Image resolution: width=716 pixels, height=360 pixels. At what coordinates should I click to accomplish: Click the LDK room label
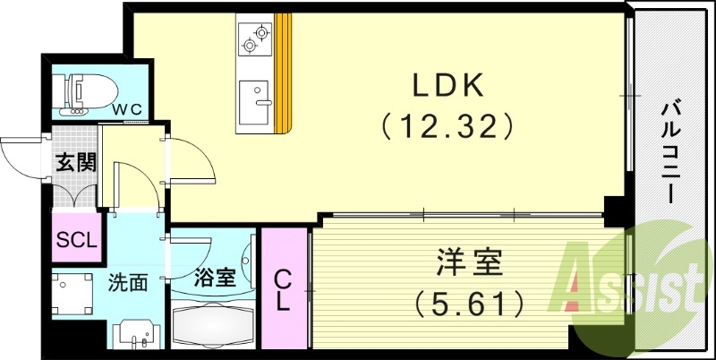pos(447,85)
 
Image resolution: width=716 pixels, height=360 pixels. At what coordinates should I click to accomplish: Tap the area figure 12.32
pos(447,125)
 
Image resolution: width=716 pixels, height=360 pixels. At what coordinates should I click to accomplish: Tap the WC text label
pos(126,108)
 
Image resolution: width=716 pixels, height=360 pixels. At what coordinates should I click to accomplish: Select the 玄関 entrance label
pos(75,163)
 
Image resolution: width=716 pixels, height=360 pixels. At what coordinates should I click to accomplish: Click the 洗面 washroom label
pos(127,284)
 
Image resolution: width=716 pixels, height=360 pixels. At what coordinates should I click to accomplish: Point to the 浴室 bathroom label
pos(215,276)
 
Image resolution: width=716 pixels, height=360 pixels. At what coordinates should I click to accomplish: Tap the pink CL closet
pos(283,288)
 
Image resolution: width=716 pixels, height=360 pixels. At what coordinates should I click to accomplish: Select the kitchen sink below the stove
pos(256,94)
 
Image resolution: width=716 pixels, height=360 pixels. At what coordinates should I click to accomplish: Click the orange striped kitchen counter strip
pos(284,72)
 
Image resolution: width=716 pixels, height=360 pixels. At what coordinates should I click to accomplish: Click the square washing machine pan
pos(73,294)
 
